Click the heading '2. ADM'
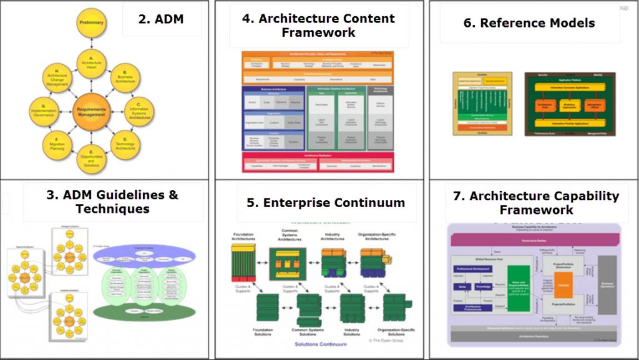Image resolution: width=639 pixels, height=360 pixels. [x=162, y=18]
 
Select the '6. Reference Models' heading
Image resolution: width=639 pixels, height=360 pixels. [x=529, y=23]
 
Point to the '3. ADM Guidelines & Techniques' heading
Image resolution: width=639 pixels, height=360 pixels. [x=112, y=202]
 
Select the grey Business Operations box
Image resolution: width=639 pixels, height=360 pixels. [x=607, y=285]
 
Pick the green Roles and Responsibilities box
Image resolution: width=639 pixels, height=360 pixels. [x=519, y=285]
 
